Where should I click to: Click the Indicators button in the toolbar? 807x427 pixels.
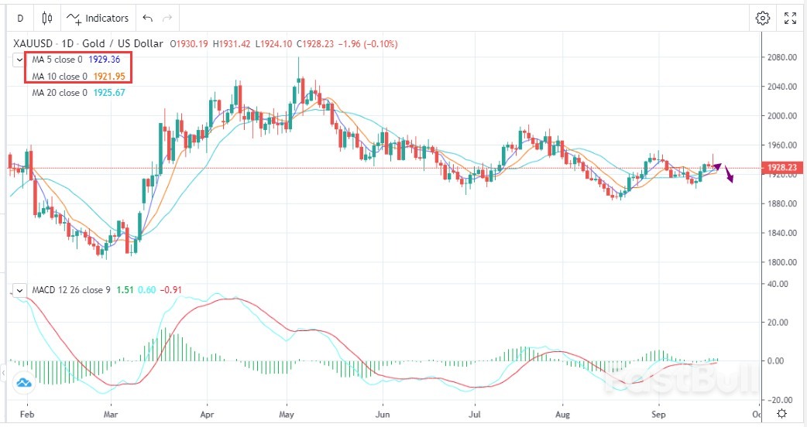click(x=98, y=18)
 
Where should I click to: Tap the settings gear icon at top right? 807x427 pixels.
click(x=763, y=18)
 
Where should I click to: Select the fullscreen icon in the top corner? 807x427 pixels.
click(x=790, y=18)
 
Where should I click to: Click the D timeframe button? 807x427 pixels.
click(x=20, y=18)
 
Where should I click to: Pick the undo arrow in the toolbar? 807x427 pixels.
click(x=148, y=18)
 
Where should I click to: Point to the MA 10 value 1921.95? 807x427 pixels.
click(x=109, y=76)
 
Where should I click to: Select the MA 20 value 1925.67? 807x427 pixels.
click(x=109, y=93)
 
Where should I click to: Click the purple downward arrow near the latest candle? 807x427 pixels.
click(x=730, y=177)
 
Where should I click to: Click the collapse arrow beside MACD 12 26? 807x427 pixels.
click(x=19, y=291)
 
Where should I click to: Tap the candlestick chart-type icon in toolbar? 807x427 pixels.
click(x=47, y=18)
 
